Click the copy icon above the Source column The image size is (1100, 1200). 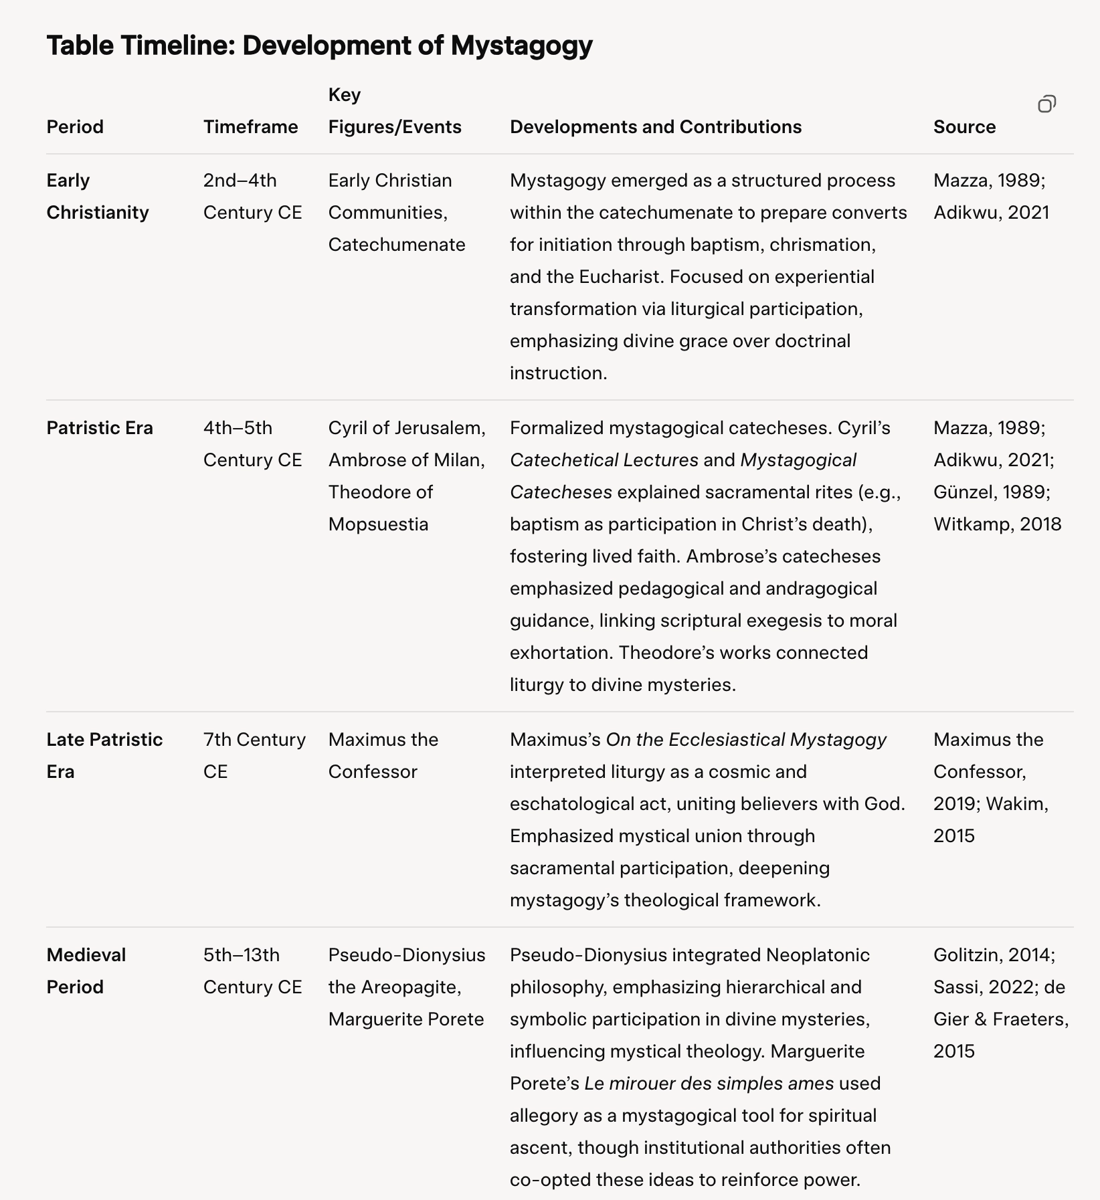pyautogui.click(x=1046, y=104)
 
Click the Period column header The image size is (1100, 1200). pyautogui.click(x=75, y=127)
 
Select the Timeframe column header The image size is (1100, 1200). pyautogui.click(x=250, y=127)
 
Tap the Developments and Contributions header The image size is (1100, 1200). pyautogui.click(x=655, y=127)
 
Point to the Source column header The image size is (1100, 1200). pyautogui.click(x=964, y=127)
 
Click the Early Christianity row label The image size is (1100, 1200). pyautogui.click(x=98, y=197)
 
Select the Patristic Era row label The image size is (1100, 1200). pyautogui.click(x=100, y=428)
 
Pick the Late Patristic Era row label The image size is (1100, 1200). pyautogui.click(x=104, y=756)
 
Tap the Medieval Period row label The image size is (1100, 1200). pyautogui.click(x=86, y=971)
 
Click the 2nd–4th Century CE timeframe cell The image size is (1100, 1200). pyautogui.click(x=252, y=197)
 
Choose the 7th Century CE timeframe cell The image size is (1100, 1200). pyautogui.click(x=254, y=756)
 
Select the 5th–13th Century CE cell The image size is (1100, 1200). pyautogui.click(x=252, y=971)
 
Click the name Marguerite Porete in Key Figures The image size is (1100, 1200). pyautogui.click(x=405, y=1019)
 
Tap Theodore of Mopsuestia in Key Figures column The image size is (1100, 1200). pyautogui.click(x=380, y=508)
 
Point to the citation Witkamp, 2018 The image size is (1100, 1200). pyautogui.click(x=997, y=524)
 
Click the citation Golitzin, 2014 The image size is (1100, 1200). pyautogui.click(x=994, y=955)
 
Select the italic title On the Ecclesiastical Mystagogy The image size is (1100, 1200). pyautogui.click(x=745, y=740)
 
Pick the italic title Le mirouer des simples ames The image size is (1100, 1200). pyautogui.click(x=709, y=1084)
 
